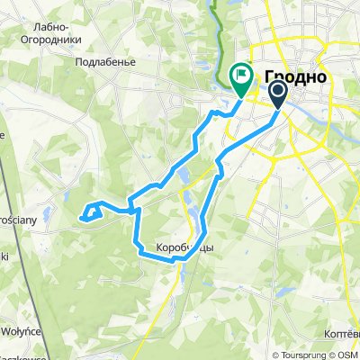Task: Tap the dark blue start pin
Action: [276, 93]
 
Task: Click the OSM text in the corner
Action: [348, 354]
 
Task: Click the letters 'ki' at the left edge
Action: [4, 257]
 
